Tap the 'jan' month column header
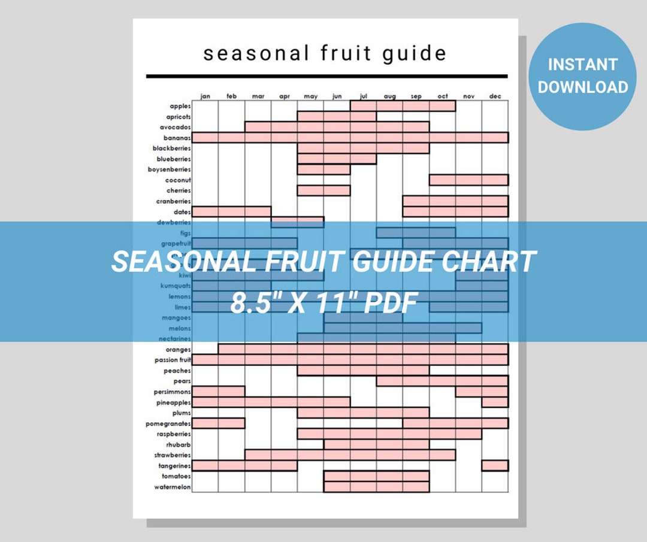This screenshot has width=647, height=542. tap(205, 96)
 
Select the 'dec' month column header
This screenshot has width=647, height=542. tap(495, 96)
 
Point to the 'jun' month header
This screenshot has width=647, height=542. tap(337, 96)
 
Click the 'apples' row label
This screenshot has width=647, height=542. tap(180, 106)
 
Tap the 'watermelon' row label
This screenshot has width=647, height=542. tap(172, 487)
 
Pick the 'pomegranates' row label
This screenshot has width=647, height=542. tap(168, 423)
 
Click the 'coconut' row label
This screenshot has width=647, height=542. tap(179, 180)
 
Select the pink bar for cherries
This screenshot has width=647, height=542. tap(323, 190)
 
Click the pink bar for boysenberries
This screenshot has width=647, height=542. tap(323, 169)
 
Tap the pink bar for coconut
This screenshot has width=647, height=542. tap(468, 180)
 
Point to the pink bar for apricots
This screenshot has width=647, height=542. tap(337, 116)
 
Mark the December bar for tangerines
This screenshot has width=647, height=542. tap(495, 465)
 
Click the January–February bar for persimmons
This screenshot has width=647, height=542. tap(218, 392)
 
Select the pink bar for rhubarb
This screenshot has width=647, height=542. tap(376, 444)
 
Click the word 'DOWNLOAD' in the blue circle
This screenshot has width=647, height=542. tap(582, 87)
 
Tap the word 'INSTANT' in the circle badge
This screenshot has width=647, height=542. tap(582, 65)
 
